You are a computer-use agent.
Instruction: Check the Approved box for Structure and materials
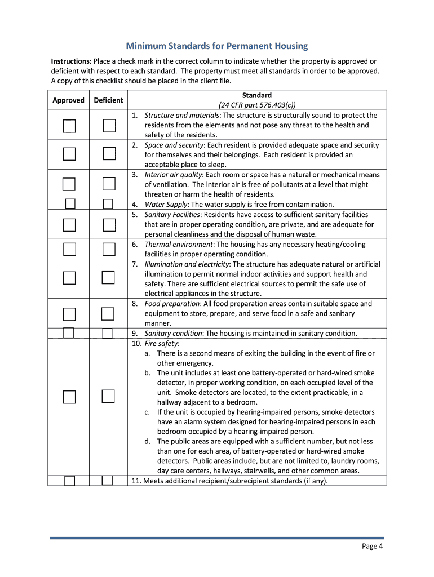[x=69, y=125]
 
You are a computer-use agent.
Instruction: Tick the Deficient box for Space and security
[x=109, y=154]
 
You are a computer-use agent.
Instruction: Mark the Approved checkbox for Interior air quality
[x=69, y=184]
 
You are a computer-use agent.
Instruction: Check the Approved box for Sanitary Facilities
[x=69, y=225]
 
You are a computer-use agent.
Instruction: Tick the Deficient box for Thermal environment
[x=109, y=248]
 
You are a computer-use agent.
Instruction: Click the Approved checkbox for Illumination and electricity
[x=69, y=277]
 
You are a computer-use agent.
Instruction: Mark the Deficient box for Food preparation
[x=108, y=313]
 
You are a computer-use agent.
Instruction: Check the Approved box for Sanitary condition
[x=69, y=332]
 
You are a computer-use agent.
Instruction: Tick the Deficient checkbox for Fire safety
[x=108, y=397]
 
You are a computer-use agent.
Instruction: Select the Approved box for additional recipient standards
[x=69, y=481]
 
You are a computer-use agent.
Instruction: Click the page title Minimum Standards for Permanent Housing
[x=217, y=46]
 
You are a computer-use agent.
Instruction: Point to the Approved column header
[x=68, y=100]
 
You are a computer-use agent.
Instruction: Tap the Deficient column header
[x=108, y=100]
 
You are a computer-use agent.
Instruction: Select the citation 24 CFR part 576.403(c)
[x=257, y=105]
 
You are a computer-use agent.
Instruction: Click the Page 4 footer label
[x=373, y=546]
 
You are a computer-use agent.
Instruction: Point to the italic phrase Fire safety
[x=161, y=343]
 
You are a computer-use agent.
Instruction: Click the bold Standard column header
[x=257, y=95]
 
